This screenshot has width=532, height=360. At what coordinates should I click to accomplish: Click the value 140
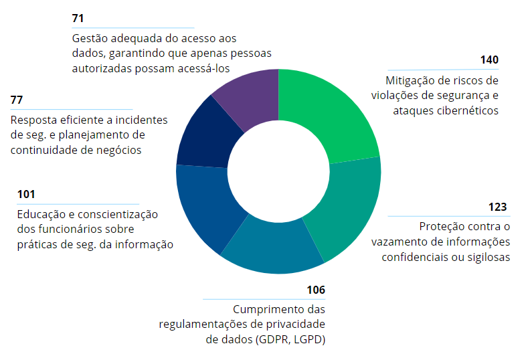(x=489, y=60)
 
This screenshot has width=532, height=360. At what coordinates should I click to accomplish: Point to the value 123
(x=498, y=207)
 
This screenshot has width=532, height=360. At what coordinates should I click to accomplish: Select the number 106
(x=315, y=290)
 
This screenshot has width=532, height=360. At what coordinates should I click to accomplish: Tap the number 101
(x=26, y=195)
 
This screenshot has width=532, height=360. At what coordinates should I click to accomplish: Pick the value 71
(x=78, y=19)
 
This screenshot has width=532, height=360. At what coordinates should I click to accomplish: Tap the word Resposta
(x=33, y=120)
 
